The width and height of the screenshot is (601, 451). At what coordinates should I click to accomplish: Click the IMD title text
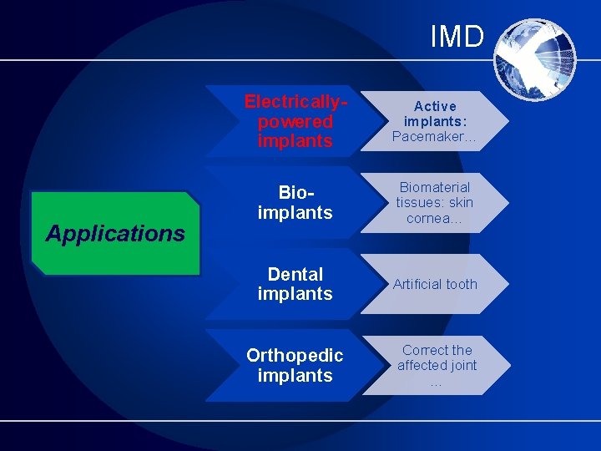tap(457, 37)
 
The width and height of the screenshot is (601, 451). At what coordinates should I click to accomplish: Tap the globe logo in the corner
tap(535, 60)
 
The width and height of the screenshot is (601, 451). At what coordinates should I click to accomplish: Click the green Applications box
tap(115, 233)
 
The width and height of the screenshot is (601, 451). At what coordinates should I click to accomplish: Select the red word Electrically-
tap(295, 102)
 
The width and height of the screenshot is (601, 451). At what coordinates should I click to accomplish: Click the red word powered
tap(295, 122)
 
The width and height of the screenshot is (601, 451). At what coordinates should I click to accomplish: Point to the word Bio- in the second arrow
tap(296, 192)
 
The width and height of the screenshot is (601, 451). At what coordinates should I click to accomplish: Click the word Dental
tap(295, 274)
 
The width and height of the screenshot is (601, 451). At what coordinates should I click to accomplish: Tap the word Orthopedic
tap(295, 356)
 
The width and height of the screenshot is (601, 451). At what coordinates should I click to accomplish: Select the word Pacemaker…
tap(434, 136)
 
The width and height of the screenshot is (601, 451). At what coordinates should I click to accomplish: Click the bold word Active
tap(435, 106)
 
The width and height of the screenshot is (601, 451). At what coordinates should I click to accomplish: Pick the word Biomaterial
tap(435, 187)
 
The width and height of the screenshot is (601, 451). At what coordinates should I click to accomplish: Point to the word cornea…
tap(434, 218)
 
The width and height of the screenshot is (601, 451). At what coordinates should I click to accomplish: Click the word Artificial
tap(416, 284)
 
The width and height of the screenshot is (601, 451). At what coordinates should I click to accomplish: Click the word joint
tap(463, 366)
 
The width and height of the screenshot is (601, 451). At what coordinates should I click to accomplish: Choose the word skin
tap(461, 202)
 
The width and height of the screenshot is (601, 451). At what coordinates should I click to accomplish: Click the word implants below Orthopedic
tap(295, 376)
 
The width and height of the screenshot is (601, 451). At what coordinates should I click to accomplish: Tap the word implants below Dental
tap(295, 294)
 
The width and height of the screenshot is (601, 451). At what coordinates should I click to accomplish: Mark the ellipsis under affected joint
tap(436, 383)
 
